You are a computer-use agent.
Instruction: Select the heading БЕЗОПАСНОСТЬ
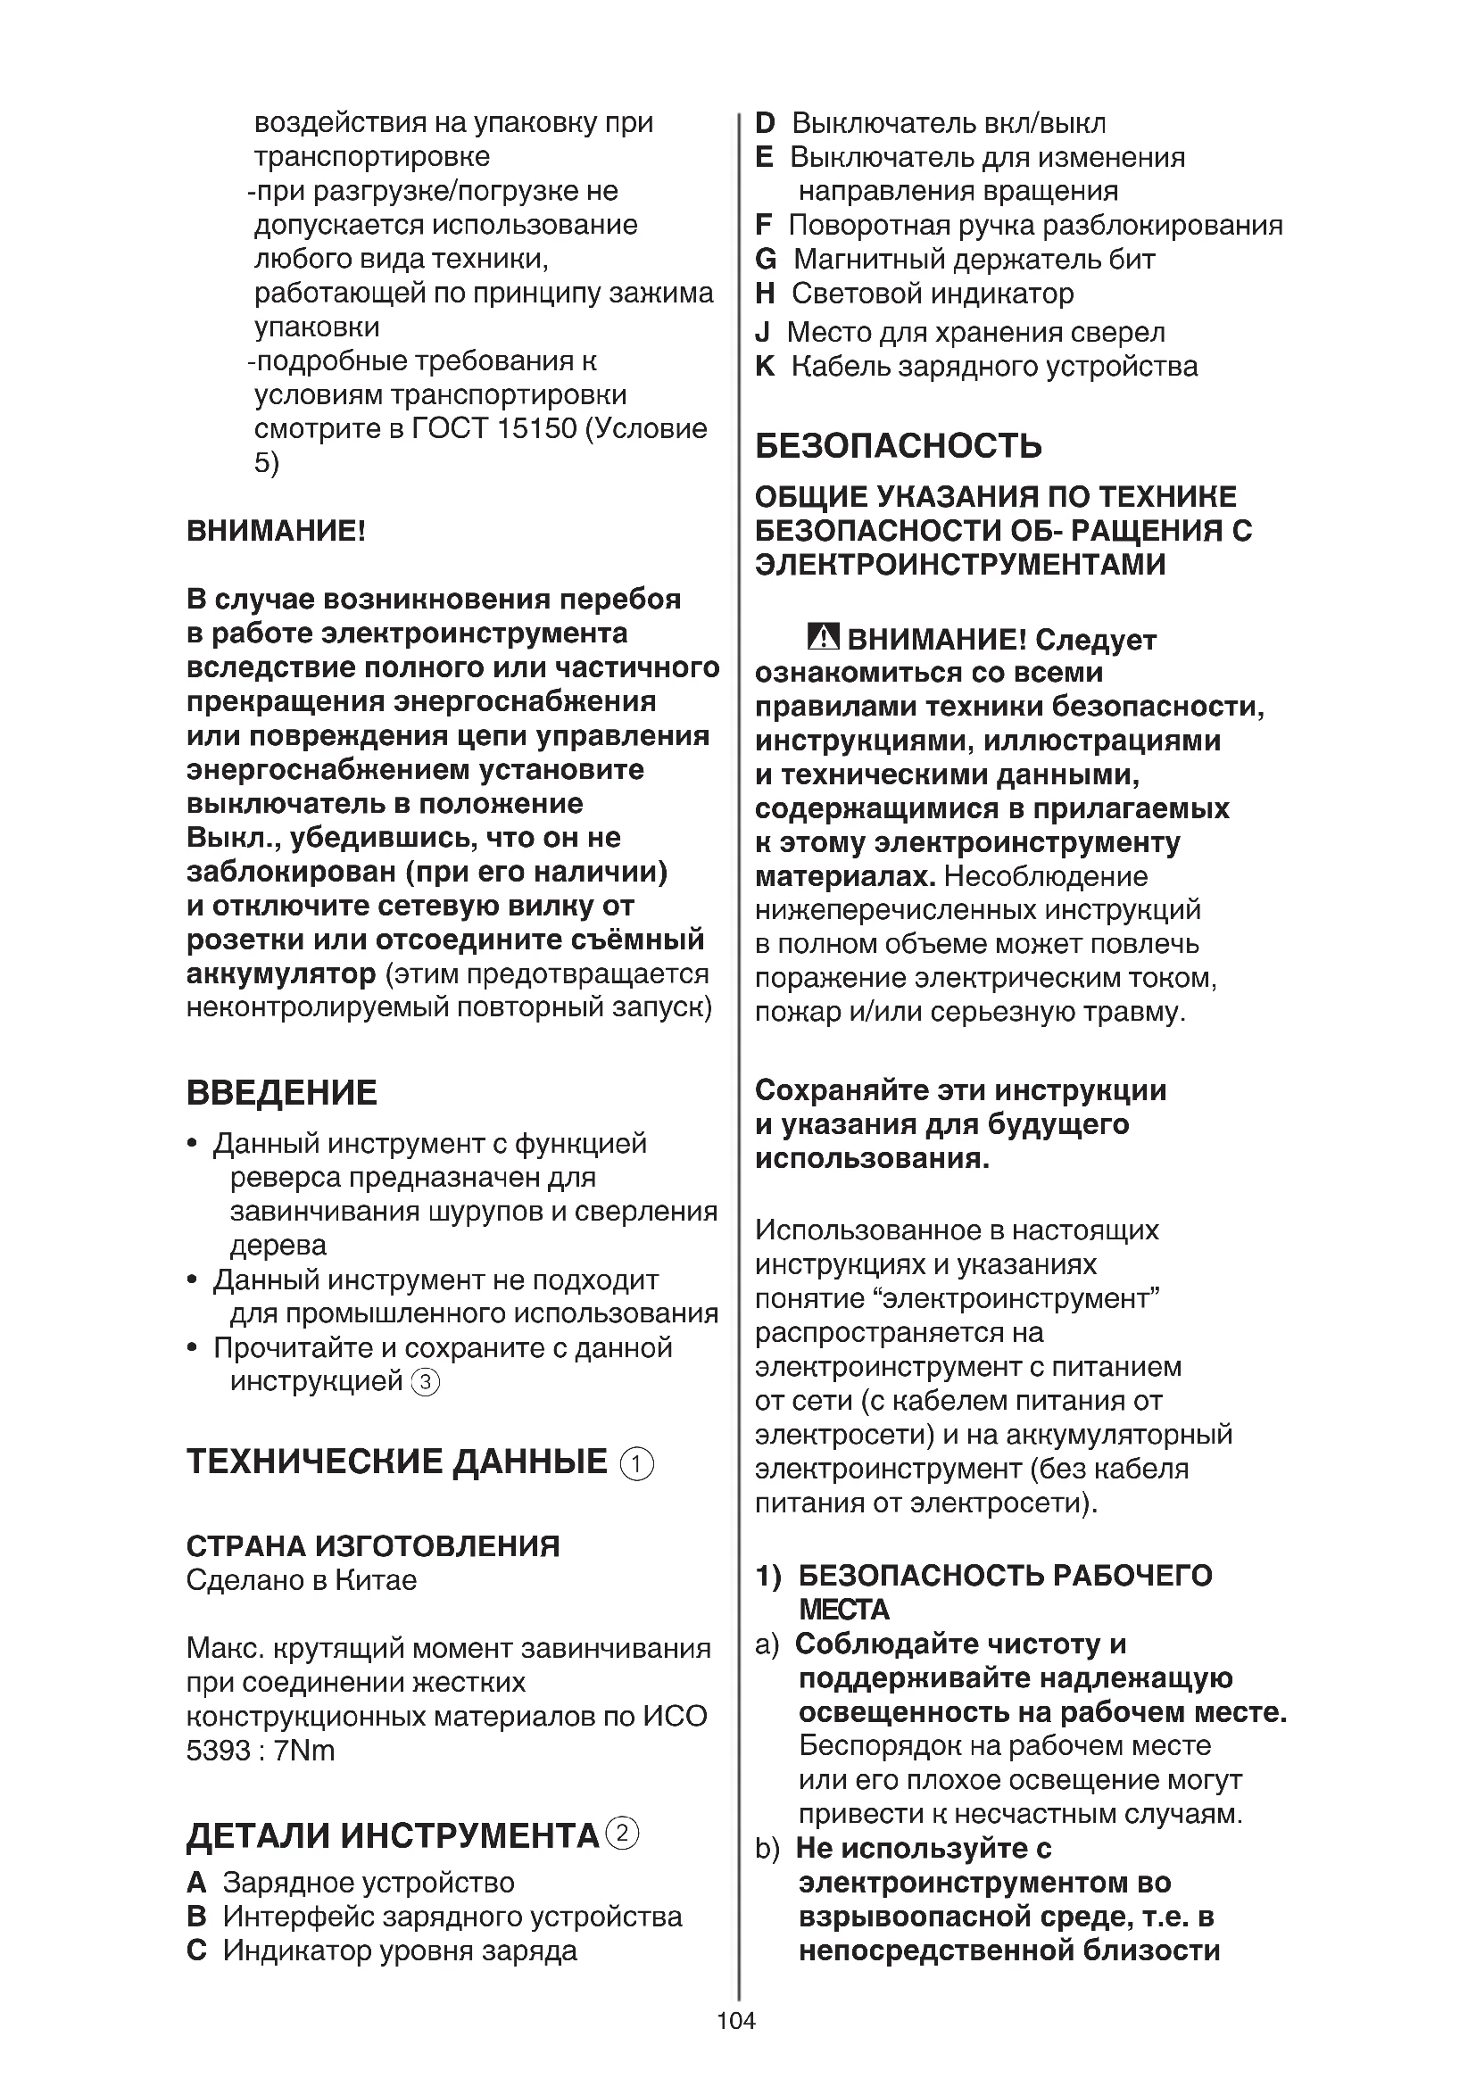point(898,445)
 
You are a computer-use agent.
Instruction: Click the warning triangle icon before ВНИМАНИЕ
point(823,638)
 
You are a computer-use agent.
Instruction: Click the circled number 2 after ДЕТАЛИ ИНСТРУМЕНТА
point(623,1834)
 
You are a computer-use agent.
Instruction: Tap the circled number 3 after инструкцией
point(426,1382)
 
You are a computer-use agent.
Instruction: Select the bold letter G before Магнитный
point(766,259)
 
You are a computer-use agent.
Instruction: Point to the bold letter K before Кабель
point(766,367)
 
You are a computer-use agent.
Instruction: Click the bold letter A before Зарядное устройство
point(196,1882)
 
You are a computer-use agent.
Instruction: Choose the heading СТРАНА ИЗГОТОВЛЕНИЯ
point(373,1545)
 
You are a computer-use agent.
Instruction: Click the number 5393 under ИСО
point(216,1750)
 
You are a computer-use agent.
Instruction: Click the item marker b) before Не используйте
point(767,1848)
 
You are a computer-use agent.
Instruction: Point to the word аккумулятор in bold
point(281,973)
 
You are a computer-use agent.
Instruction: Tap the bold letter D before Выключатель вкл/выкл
point(766,123)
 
